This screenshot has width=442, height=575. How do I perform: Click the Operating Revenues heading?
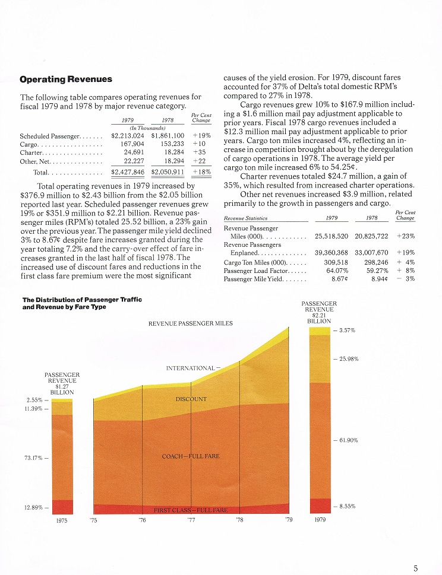tap(66, 79)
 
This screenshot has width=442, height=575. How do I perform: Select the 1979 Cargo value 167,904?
tap(132, 144)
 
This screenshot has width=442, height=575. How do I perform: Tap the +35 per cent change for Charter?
tap(200, 152)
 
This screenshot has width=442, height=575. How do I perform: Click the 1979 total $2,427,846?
tap(128, 172)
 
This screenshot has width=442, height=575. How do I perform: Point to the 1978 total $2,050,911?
tap(168, 172)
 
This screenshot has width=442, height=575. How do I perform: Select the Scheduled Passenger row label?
tap(49, 136)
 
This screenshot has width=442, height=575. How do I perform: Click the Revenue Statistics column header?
tap(245, 218)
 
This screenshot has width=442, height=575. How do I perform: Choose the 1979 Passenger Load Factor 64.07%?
tap(337, 271)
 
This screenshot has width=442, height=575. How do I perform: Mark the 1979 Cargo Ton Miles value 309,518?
tap(336, 262)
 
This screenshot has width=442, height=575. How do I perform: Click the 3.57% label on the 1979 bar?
tap(347, 331)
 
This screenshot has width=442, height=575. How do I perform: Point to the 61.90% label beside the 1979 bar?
tap(348, 440)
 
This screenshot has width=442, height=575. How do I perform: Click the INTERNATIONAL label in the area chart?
tap(190, 368)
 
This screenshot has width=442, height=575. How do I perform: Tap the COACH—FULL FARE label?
tap(191, 456)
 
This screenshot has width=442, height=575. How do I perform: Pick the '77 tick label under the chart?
tap(191, 520)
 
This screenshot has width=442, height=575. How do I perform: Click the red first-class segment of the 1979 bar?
tap(320, 506)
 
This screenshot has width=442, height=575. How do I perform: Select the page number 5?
tap(416, 568)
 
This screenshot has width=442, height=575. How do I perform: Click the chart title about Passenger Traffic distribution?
tap(82, 303)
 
